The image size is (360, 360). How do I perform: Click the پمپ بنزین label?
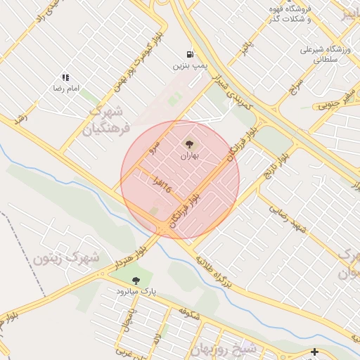point(190,65)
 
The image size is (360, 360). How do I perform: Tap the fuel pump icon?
point(190,54)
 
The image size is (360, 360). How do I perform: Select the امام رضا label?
point(64,89)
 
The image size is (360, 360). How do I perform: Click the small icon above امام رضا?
point(65,78)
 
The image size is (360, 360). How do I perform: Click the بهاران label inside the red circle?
point(188,155)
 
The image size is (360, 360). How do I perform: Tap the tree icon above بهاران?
point(188,144)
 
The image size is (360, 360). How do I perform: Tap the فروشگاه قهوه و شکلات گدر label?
point(290,13)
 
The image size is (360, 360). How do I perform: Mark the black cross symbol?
point(314,352)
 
